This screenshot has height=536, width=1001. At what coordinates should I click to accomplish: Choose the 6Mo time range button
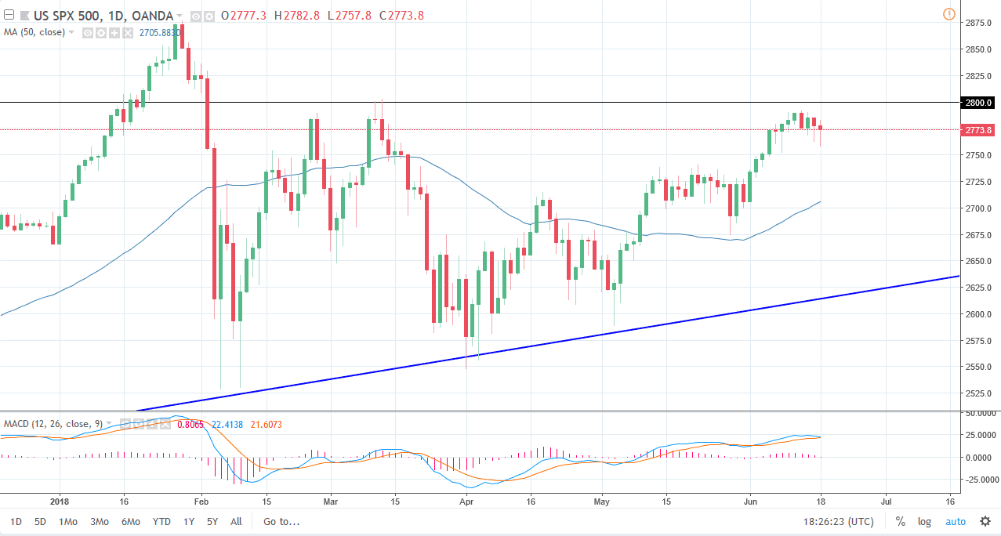click(131, 521)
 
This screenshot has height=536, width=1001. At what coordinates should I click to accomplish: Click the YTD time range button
click(161, 521)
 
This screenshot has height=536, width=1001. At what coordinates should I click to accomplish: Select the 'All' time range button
click(236, 521)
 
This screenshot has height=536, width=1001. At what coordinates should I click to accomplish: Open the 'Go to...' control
click(281, 521)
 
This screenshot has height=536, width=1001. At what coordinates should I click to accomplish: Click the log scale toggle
click(925, 521)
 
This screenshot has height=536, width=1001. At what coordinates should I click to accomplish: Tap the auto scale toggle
click(956, 521)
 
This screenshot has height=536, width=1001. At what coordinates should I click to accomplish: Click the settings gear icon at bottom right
click(985, 521)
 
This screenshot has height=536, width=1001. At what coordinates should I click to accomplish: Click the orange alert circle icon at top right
click(949, 14)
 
